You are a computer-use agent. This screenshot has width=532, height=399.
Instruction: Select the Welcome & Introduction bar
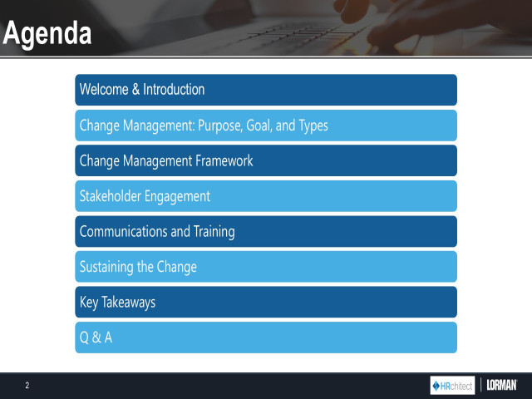(x=266, y=90)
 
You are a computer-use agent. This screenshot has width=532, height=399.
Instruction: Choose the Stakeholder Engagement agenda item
(x=266, y=196)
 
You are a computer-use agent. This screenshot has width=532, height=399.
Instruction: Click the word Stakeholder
(x=111, y=196)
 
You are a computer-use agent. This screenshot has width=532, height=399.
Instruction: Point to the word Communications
(x=123, y=232)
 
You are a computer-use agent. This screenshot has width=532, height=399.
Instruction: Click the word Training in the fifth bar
(x=211, y=232)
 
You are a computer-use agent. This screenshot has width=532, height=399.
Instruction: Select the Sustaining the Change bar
(x=266, y=267)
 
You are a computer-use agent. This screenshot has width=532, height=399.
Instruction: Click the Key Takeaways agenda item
(x=266, y=303)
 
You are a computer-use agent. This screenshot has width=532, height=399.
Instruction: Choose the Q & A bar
(x=266, y=337)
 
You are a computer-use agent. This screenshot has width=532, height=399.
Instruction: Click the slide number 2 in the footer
(x=27, y=386)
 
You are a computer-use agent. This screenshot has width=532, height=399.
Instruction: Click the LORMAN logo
(x=501, y=386)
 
